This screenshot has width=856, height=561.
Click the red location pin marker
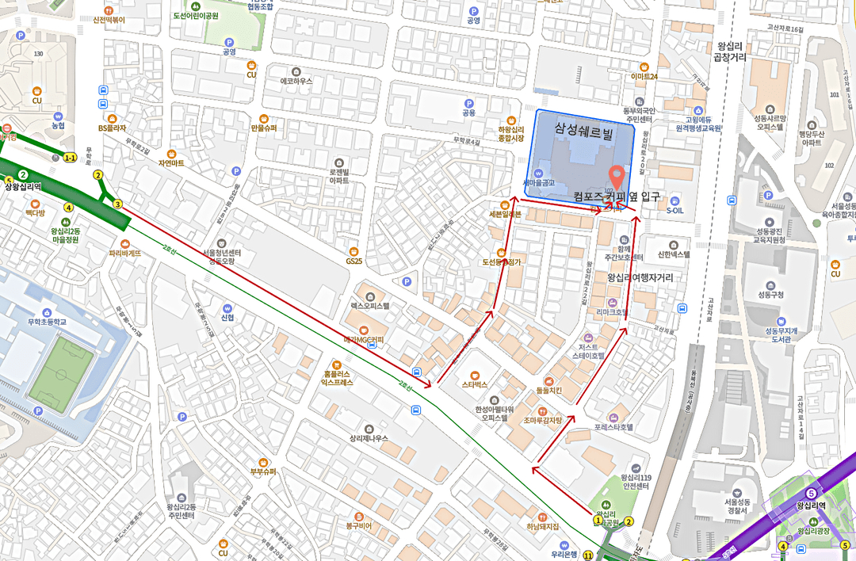[x=616, y=174]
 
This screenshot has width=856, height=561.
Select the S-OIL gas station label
[x=674, y=210]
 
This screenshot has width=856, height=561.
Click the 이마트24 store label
[x=644, y=77]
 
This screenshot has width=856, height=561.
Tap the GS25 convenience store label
[x=353, y=261]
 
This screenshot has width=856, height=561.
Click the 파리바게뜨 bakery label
[x=125, y=254]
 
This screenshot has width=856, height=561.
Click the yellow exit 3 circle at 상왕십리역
[x=117, y=204]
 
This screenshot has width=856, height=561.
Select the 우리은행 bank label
[x=564, y=555]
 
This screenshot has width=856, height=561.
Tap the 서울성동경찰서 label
[x=736, y=506]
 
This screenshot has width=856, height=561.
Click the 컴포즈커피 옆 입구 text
[x=617, y=196]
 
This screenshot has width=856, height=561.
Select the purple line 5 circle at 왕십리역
[x=810, y=493]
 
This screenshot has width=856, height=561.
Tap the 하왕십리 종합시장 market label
[x=511, y=134]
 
